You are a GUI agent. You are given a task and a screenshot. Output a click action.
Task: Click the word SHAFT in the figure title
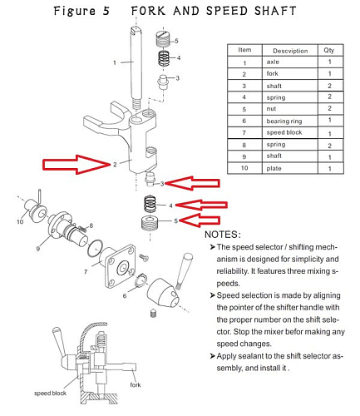point(275,11)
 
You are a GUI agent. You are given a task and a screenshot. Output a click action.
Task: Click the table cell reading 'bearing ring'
point(284,121)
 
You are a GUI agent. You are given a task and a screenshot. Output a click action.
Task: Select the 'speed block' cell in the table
point(284,132)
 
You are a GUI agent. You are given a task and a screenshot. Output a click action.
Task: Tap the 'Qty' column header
point(329,50)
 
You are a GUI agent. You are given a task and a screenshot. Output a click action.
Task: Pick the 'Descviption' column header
point(290,51)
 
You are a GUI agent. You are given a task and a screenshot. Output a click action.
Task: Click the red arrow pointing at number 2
point(76,165)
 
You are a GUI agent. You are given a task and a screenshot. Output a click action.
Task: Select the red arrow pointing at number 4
point(201,205)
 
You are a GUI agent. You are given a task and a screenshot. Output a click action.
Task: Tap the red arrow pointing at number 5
point(200,220)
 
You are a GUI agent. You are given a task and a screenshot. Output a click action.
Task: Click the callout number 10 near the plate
point(20,221)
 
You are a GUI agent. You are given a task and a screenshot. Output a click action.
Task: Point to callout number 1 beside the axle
point(115,62)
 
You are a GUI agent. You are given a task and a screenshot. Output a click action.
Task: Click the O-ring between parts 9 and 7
point(95,248)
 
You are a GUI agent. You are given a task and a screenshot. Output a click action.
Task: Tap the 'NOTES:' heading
point(223,235)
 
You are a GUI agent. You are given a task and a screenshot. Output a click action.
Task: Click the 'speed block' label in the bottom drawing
point(50,393)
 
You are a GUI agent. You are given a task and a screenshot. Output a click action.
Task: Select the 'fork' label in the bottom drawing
point(136,384)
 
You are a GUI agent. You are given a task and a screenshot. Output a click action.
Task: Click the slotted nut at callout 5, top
point(163,39)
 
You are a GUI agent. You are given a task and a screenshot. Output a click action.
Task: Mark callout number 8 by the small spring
point(91,225)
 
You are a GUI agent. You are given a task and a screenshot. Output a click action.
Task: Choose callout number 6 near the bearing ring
point(125,295)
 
